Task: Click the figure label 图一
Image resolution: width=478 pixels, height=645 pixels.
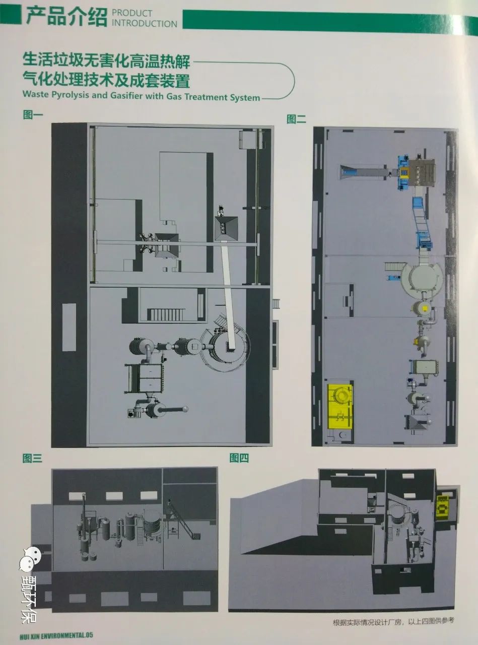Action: tap(33, 114)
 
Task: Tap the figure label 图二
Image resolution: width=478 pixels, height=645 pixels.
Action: tap(296, 119)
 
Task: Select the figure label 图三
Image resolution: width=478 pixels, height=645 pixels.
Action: tap(32, 459)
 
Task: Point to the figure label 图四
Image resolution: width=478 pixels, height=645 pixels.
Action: tap(239, 458)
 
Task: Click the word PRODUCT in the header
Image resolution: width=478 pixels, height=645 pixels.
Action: tap(132, 13)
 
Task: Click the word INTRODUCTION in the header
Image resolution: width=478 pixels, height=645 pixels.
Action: tap(145, 24)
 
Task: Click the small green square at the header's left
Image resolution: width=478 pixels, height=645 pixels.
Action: tap(11, 16)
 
